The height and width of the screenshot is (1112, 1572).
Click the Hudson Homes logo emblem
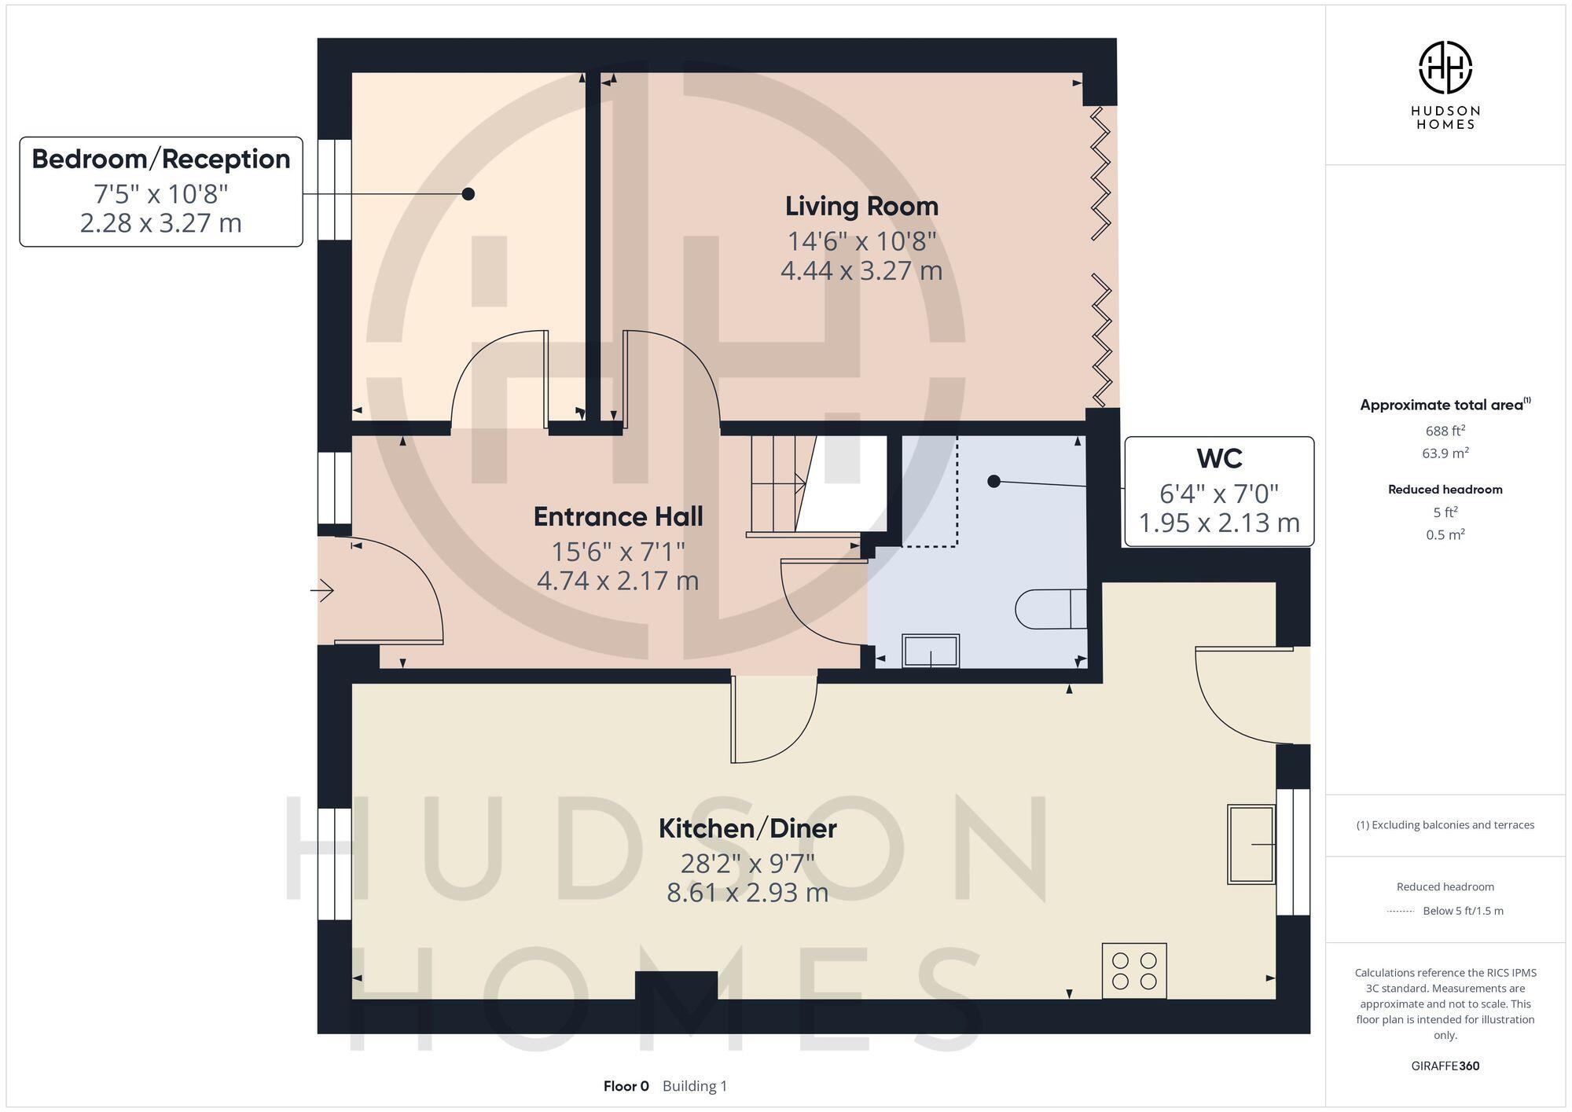coord(1445,68)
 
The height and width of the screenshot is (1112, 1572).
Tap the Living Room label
coord(861,207)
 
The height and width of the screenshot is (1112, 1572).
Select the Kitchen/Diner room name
coord(747,828)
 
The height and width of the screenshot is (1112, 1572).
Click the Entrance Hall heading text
coord(618,517)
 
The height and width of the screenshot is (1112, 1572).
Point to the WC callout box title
coord(1219,458)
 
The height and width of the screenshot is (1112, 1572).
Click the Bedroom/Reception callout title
coord(161,160)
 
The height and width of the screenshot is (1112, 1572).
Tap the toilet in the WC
coord(1050,609)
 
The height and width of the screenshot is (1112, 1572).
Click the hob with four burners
coord(1133,971)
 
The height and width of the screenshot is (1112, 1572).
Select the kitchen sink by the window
coord(1251,844)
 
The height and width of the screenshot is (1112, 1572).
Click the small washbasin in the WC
coord(931,651)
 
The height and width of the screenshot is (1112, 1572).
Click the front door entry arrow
coord(323,590)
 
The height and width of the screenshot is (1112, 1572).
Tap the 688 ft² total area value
coord(1445,431)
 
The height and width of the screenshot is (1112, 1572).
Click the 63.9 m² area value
coord(1445,453)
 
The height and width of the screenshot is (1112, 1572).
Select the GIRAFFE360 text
coord(1445,1066)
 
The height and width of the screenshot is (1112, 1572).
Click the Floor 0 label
coord(626,1086)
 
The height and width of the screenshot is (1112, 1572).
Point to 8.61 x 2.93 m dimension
coord(747,894)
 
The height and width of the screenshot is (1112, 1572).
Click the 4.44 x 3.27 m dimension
coord(861,271)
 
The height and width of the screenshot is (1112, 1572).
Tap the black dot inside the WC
coord(994,481)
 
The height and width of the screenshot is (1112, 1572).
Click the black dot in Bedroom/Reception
coord(468,193)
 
